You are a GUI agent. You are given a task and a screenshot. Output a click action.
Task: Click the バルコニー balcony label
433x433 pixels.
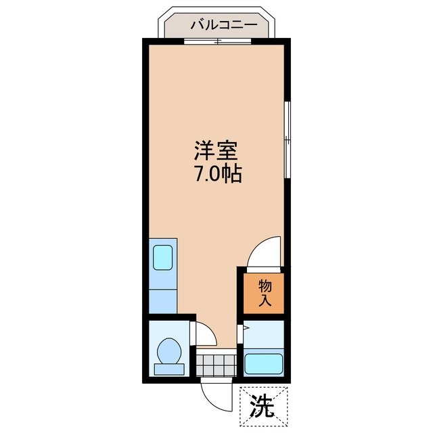click(223, 25)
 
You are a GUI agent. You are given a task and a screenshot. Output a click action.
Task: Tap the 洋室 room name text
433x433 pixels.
click(216, 149)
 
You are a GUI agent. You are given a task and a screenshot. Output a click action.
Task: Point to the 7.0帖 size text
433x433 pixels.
click(216, 174)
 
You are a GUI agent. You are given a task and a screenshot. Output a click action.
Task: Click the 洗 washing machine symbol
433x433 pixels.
click(263, 405)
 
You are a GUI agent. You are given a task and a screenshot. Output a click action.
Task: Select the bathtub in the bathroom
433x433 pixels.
click(263, 365)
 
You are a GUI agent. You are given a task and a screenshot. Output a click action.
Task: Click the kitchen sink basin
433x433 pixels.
click(163, 258)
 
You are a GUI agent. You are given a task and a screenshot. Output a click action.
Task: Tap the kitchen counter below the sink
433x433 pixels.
click(163, 297)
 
